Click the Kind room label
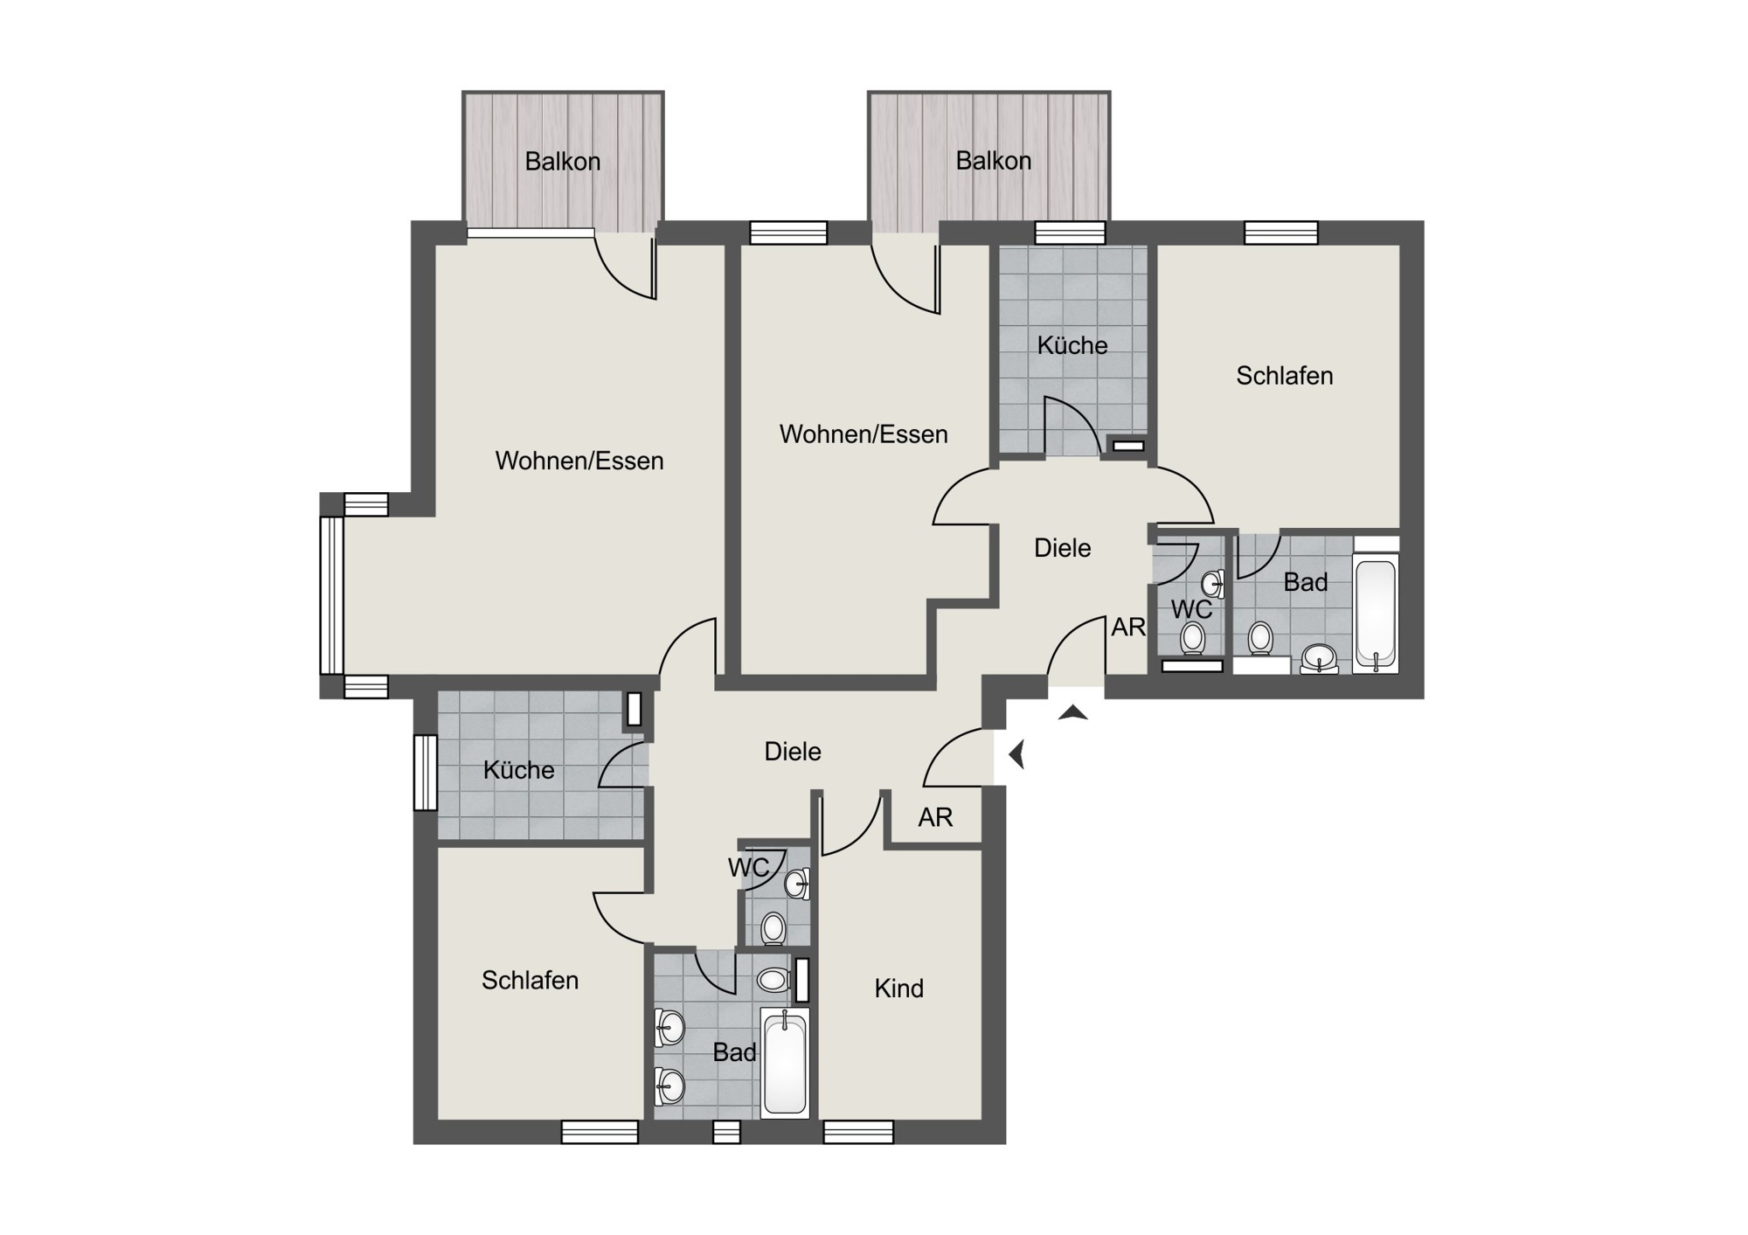pos(898,989)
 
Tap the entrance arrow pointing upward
pos(1073,712)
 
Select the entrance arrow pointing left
pos(1016,753)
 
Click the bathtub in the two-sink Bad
pos(785,1062)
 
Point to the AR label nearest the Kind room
pos(935,817)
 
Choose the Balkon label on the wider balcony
pos(993,161)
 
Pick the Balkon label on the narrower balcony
pos(562,162)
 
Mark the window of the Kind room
pos(858,1133)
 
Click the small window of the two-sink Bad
pos(726,1133)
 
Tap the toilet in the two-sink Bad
pos(774,979)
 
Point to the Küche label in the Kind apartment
pos(518,770)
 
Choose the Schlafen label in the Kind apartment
pos(530,981)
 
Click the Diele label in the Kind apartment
pos(793,752)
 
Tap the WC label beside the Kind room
pos(748,867)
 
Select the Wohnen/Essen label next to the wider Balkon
pos(864,434)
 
